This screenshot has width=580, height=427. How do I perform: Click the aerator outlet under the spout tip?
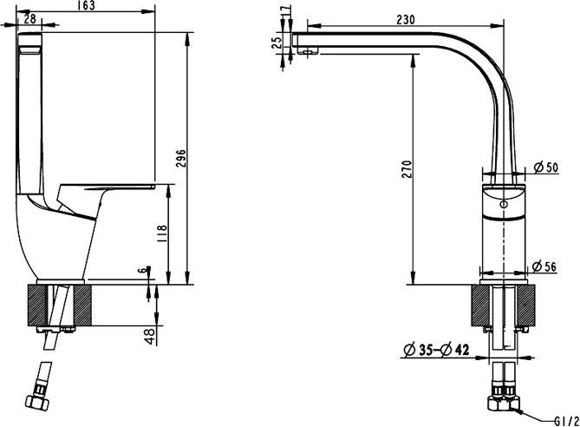coord(305,51)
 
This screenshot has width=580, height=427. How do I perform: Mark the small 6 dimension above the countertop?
coord(142,270)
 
